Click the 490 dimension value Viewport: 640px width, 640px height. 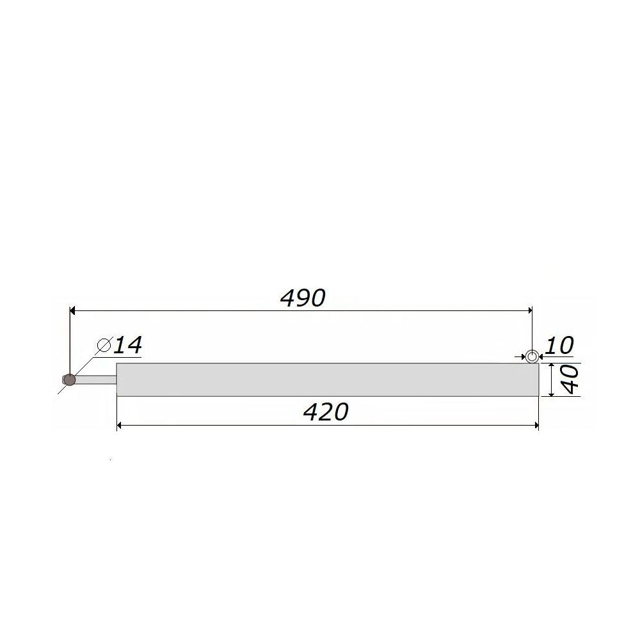click(x=303, y=298)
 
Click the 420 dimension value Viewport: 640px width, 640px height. click(x=326, y=412)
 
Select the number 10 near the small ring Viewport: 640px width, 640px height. click(x=559, y=346)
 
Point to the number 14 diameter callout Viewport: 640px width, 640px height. click(x=127, y=346)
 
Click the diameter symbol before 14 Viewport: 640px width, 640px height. click(x=104, y=346)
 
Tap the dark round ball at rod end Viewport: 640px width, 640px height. click(x=70, y=380)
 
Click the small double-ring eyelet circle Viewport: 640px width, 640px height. click(x=531, y=356)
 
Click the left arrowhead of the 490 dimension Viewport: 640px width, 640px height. click(x=73, y=310)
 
